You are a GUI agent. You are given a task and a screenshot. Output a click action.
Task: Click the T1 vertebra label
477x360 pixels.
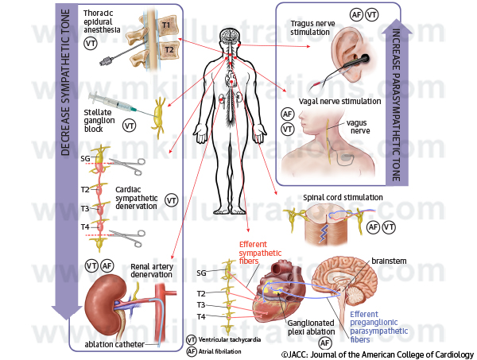point(166,25)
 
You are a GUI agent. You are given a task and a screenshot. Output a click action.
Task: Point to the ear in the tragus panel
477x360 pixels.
point(347,55)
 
